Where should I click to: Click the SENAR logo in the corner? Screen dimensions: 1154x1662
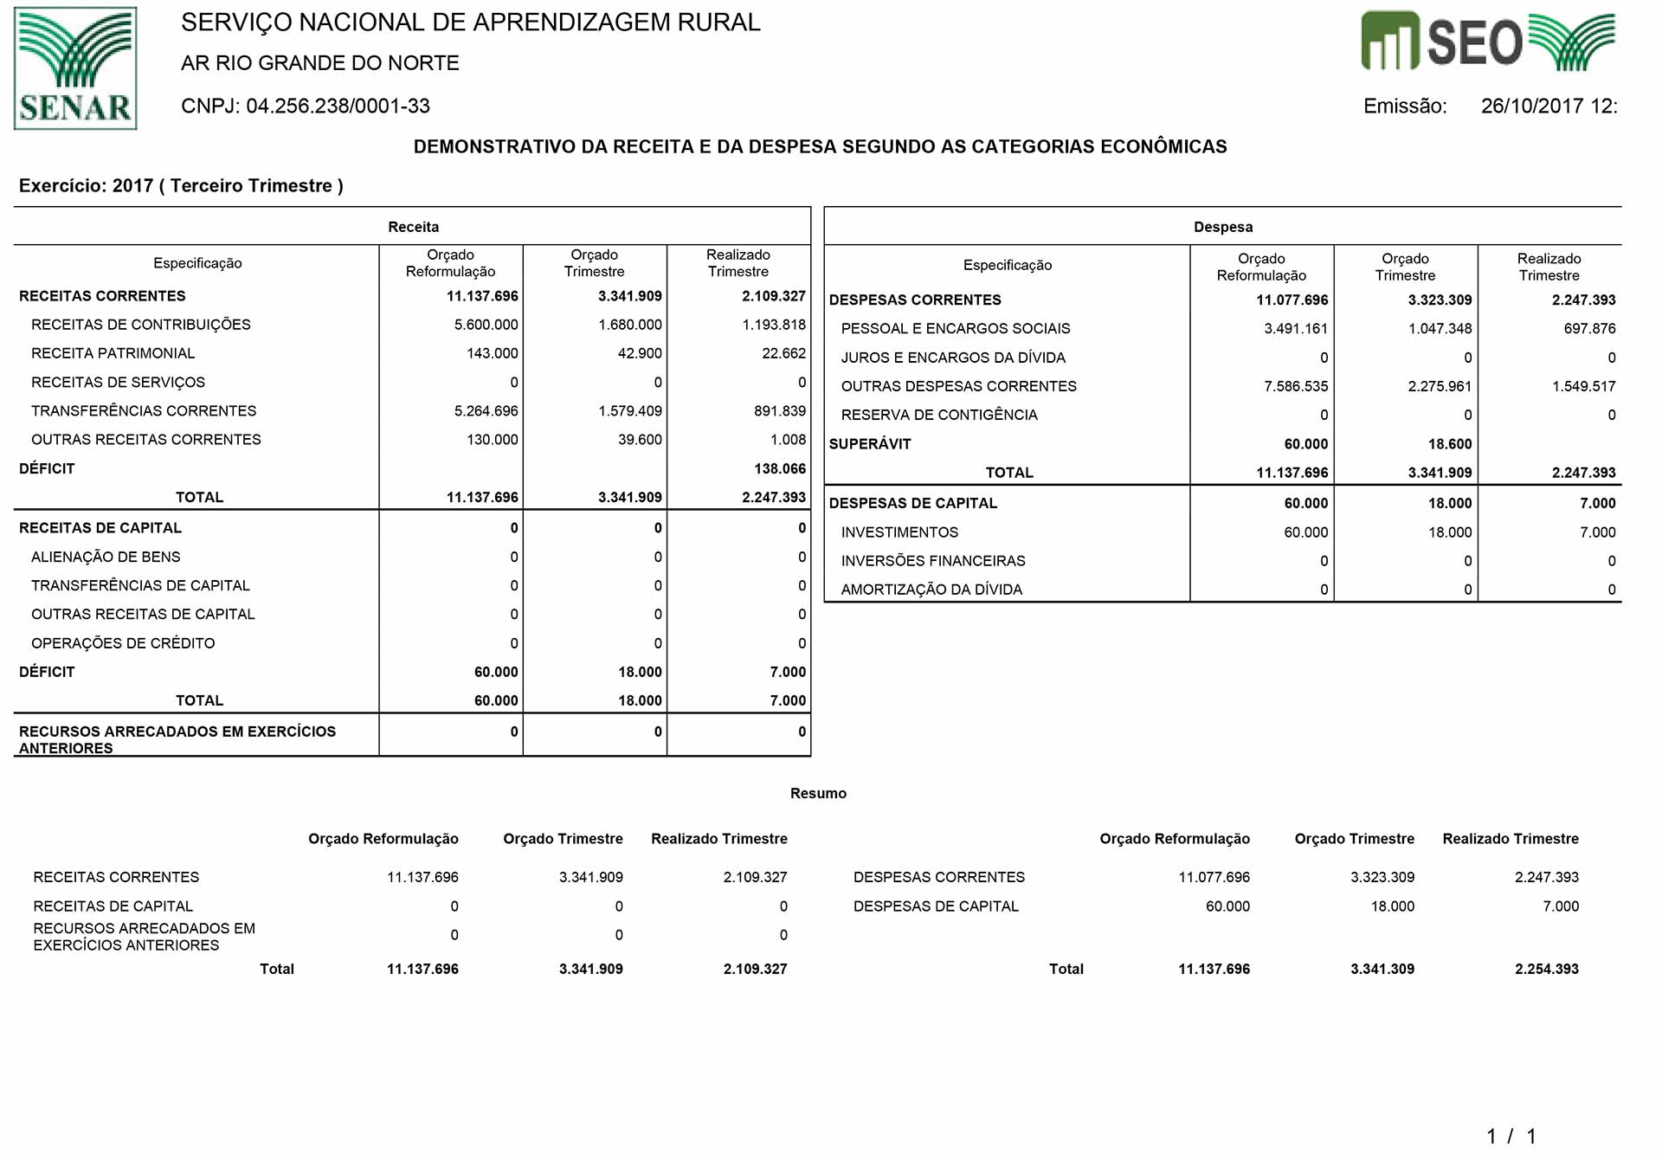[75, 68]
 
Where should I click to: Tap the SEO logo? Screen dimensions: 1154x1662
[1487, 42]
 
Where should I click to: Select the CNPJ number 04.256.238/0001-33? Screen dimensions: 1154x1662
[338, 106]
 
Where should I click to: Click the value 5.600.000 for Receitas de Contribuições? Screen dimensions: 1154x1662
[486, 325]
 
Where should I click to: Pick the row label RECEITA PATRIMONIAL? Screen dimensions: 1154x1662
[113, 353]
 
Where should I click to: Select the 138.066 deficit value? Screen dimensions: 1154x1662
[779, 468]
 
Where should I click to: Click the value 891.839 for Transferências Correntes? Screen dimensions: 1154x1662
[779, 411]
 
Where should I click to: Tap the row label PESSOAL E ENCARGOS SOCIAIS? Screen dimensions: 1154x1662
[955, 329]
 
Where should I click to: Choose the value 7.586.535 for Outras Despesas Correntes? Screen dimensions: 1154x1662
[1295, 386]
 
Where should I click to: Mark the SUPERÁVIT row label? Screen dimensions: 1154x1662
[869, 444]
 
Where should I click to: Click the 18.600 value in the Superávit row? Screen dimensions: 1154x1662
[1449, 444]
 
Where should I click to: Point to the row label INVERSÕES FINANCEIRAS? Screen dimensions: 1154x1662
[932, 561]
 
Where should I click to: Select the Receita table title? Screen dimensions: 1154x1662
[413, 227]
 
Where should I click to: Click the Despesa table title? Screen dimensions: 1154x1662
[1222, 227]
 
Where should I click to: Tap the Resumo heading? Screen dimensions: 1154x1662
[818, 793]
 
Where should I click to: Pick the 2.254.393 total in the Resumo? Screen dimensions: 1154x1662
[1546, 969]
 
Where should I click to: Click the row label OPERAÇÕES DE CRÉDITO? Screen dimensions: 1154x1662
[123, 643]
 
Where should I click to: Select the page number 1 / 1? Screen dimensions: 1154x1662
[1511, 1136]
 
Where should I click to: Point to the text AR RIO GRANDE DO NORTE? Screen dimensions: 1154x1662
[319, 63]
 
